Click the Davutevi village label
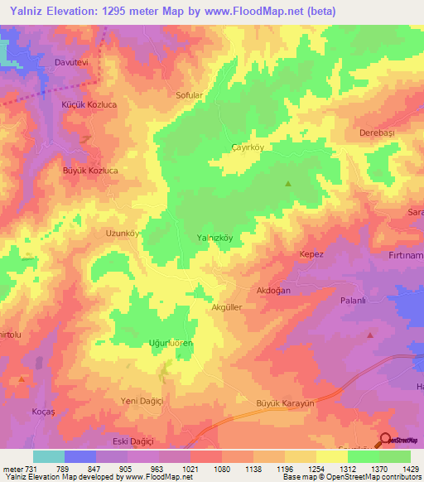coord(71,62)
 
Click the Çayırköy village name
coord(247,146)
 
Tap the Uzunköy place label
coord(121,234)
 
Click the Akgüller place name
coord(227,306)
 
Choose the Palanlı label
coord(354,302)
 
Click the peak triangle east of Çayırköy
coord(288,184)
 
